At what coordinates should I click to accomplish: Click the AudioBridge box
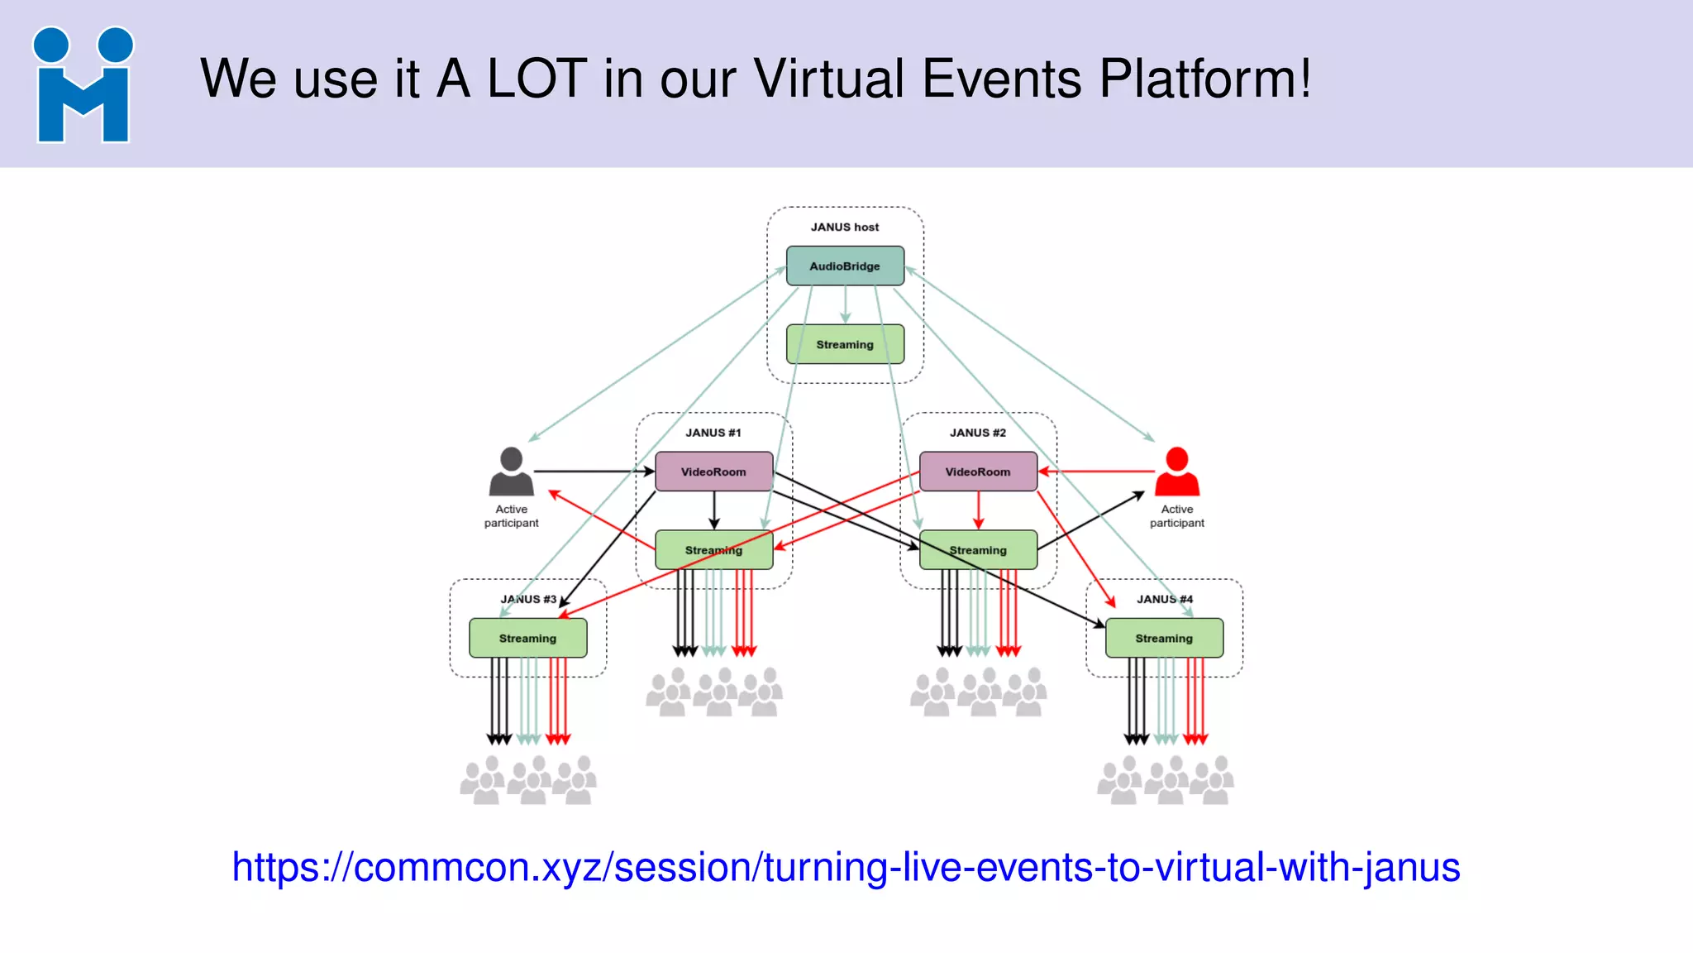(x=845, y=266)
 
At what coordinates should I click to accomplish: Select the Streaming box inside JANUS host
(x=845, y=344)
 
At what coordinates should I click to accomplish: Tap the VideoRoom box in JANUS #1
(x=713, y=472)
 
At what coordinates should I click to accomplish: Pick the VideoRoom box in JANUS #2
(x=978, y=472)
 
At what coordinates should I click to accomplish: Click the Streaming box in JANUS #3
(x=527, y=638)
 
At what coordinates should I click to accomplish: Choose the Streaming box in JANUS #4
(x=1164, y=638)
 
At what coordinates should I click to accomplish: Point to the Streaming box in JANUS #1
(x=713, y=550)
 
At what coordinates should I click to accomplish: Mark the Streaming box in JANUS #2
(x=978, y=550)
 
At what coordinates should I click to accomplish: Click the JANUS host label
(x=845, y=227)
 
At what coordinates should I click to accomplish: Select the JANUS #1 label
(x=713, y=433)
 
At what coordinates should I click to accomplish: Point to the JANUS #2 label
(x=978, y=433)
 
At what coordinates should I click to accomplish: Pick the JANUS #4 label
(x=1164, y=599)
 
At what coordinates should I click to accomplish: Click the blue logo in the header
(x=83, y=85)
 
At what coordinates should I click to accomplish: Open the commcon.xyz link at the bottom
(x=846, y=867)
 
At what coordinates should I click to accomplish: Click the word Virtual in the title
(x=829, y=79)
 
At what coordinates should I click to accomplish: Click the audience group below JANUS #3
(x=527, y=780)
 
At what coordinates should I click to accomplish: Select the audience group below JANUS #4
(x=1165, y=780)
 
